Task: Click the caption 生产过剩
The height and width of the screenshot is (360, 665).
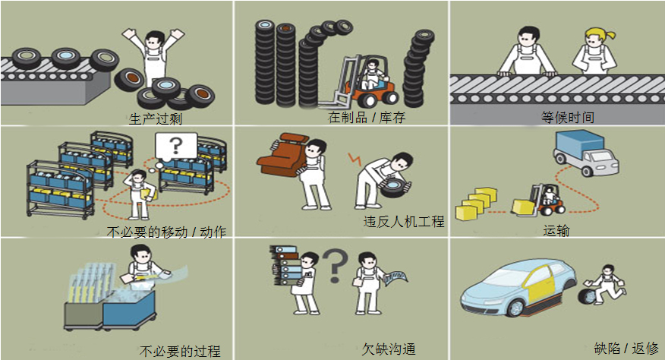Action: coord(155,118)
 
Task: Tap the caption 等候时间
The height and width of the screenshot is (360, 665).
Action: coord(568,117)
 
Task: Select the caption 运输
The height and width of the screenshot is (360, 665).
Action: coord(556,231)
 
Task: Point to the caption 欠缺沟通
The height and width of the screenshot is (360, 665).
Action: coord(389,349)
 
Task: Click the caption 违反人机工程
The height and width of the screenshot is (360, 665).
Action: coord(404,221)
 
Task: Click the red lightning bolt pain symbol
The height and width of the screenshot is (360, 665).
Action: coord(355,159)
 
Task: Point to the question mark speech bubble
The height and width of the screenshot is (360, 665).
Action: coord(175,147)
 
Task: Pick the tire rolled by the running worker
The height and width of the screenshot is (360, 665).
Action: coord(587,296)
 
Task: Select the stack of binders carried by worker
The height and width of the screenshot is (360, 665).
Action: coord(285,265)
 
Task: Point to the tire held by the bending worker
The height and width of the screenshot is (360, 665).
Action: coord(396,187)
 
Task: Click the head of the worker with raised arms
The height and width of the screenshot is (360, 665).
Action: coord(154,41)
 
